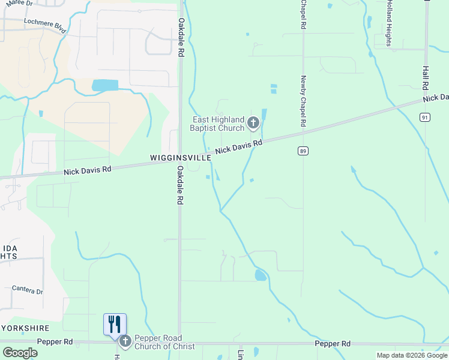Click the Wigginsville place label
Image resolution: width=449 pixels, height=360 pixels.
[180, 158]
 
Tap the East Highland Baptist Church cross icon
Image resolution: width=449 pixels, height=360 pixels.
[253, 124]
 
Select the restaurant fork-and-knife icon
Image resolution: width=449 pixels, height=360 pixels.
[115, 324]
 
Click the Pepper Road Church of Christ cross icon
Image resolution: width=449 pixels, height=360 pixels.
[125, 342]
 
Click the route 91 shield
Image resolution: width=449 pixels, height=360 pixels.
[425, 117]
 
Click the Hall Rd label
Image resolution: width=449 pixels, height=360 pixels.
[426, 78]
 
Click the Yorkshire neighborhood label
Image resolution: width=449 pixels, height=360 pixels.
[25, 328]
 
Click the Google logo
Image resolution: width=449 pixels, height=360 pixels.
[20, 353]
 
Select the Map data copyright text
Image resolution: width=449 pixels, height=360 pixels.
[412, 355]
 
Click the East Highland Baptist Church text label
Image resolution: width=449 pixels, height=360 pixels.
[217, 124]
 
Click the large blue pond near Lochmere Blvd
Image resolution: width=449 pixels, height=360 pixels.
[105, 86]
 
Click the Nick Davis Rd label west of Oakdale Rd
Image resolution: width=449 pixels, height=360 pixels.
[88, 171]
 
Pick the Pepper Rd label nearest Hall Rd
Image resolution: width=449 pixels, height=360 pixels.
[333, 343]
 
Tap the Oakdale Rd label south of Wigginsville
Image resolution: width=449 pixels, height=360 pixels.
[179, 186]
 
